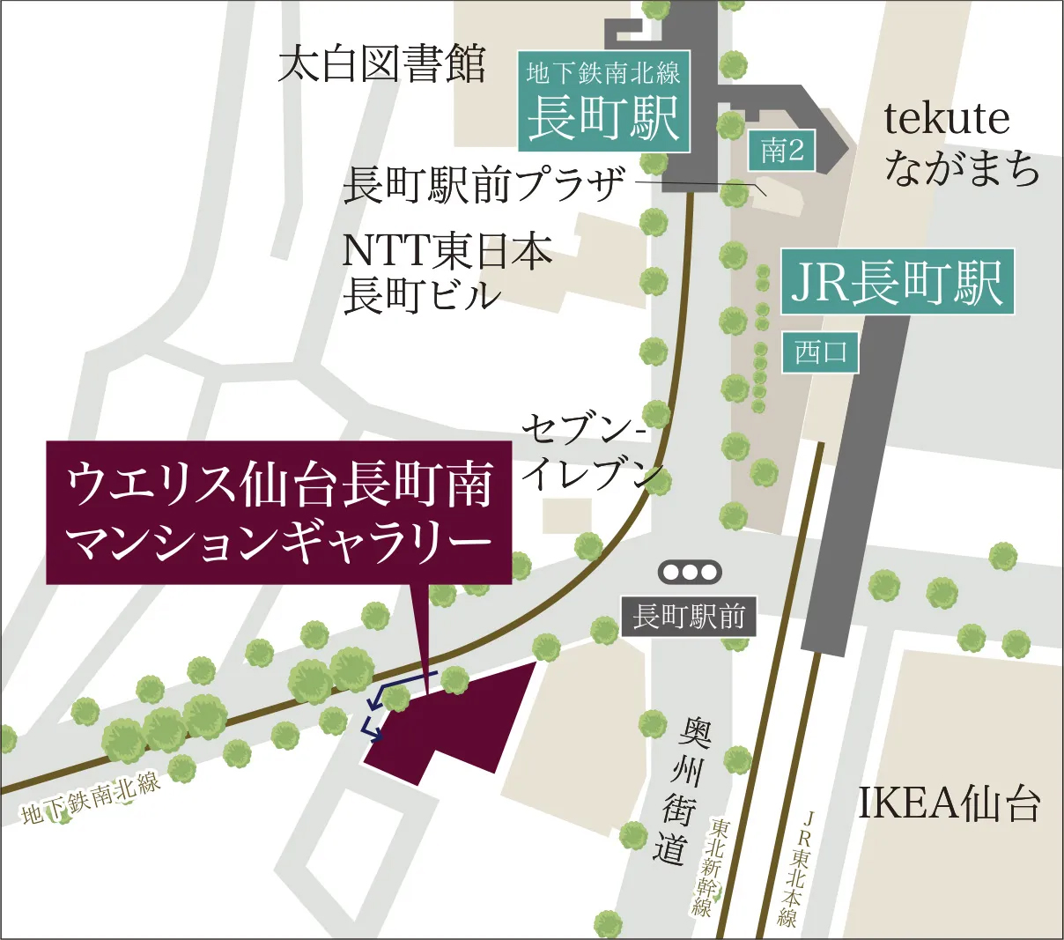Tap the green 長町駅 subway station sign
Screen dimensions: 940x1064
point(604,117)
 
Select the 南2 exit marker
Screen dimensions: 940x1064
point(782,151)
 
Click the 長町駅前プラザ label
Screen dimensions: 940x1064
point(484,185)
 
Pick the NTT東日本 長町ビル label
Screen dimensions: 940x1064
point(447,272)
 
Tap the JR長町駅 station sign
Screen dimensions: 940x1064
point(897,283)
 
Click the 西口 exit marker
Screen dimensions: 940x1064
point(820,353)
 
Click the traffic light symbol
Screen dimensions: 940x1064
point(691,573)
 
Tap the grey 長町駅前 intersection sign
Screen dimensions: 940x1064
point(689,616)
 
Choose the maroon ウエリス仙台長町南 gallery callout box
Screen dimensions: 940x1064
point(278,512)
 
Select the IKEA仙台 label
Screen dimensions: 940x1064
point(949,803)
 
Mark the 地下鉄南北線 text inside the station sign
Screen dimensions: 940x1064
point(603,72)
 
